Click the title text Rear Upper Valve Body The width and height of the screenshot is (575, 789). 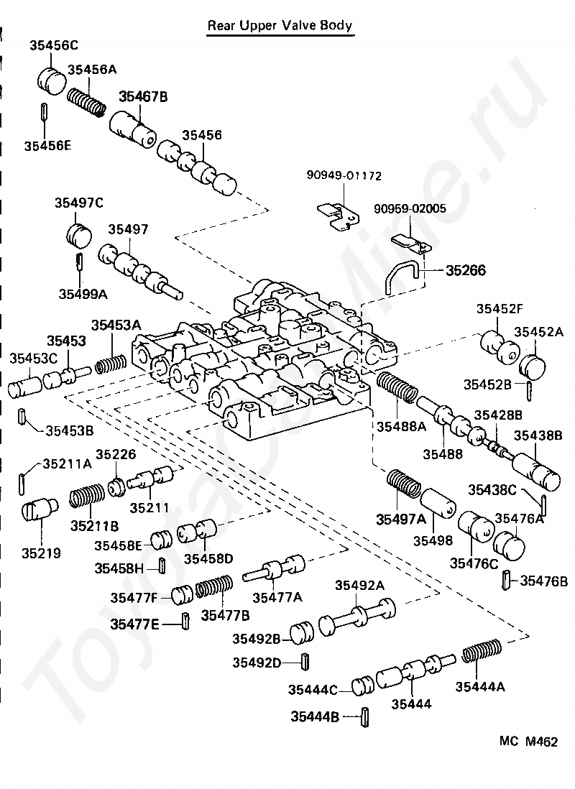point(280,26)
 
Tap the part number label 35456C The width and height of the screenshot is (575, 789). point(54,45)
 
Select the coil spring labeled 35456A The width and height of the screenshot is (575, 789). point(86,102)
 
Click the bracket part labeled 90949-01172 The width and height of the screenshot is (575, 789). point(339,216)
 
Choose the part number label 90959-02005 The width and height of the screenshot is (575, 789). point(410,208)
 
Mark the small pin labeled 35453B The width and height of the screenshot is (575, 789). point(22,416)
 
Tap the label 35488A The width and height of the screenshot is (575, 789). point(401,427)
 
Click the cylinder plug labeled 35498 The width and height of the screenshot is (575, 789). point(438,503)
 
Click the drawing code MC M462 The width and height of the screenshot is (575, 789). point(529,741)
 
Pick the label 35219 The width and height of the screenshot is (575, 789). point(41,553)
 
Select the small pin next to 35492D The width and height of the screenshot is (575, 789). point(305,662)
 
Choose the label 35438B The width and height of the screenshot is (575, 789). point(538,435)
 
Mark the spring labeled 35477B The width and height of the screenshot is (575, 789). point(214,586)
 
